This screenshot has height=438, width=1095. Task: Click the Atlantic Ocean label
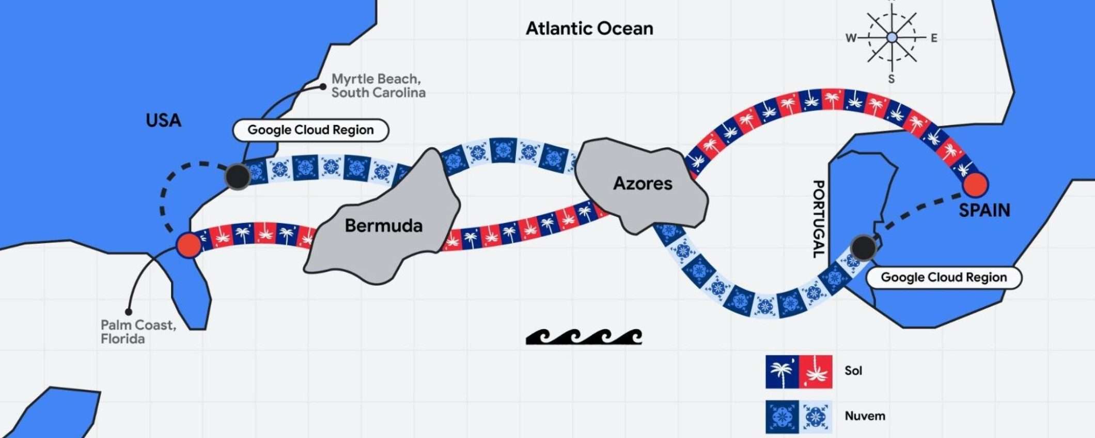point(589,28)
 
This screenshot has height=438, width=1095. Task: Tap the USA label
point(163,120)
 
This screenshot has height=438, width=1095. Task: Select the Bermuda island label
point(383,226)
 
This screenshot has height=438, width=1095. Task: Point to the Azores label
point(643,183)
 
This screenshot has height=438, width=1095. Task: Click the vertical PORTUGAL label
point(818,219)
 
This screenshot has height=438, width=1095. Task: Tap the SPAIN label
point(984,210)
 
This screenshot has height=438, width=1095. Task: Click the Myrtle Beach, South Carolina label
point(378,86)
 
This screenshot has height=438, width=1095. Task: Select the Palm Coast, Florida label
point(138,332)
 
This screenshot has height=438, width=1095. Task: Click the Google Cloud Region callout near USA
point(310,130)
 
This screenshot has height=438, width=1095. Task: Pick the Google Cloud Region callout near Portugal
point(944,277)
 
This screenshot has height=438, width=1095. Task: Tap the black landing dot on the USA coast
point(238,177)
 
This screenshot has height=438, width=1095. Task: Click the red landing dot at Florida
point(189,245)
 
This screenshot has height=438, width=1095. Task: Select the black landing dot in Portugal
point(863,248)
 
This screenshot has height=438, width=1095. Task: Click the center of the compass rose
point(892,38)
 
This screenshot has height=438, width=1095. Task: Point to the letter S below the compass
point(891,79)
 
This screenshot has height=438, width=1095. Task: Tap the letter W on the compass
point(851,38)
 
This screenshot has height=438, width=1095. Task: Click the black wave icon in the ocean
point(584,337)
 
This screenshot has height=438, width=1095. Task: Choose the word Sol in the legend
point(853,371)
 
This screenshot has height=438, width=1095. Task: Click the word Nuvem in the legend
point(865,416)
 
